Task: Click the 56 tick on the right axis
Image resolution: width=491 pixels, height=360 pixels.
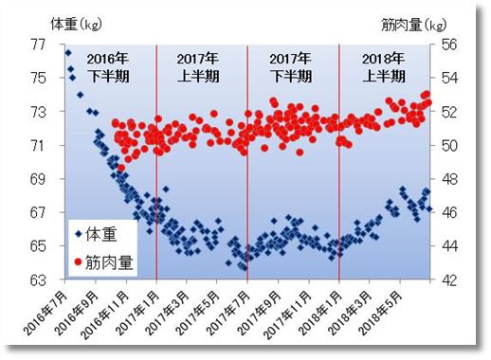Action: [448, 44]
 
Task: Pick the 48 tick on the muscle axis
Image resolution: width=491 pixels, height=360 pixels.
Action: [448, 179]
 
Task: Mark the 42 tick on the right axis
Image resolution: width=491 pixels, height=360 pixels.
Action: [448, 280]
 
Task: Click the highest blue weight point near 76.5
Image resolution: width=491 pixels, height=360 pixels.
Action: [68, 52]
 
